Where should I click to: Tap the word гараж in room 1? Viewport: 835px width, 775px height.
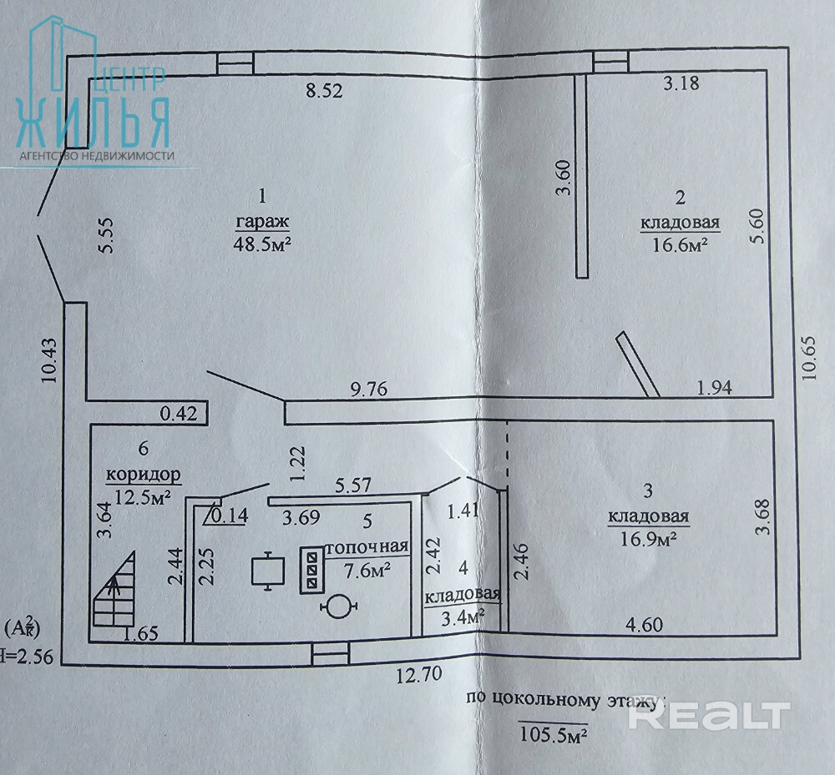tap(262, 223)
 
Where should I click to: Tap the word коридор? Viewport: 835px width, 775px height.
tap(143, 476)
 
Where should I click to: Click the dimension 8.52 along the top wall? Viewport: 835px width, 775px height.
tap(324, 91)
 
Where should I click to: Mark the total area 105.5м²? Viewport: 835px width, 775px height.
tap(552, 735)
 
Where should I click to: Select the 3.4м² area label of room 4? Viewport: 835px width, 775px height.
tap(463, 618)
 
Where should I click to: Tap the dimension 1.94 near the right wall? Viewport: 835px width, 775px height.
tap(714, 388)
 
